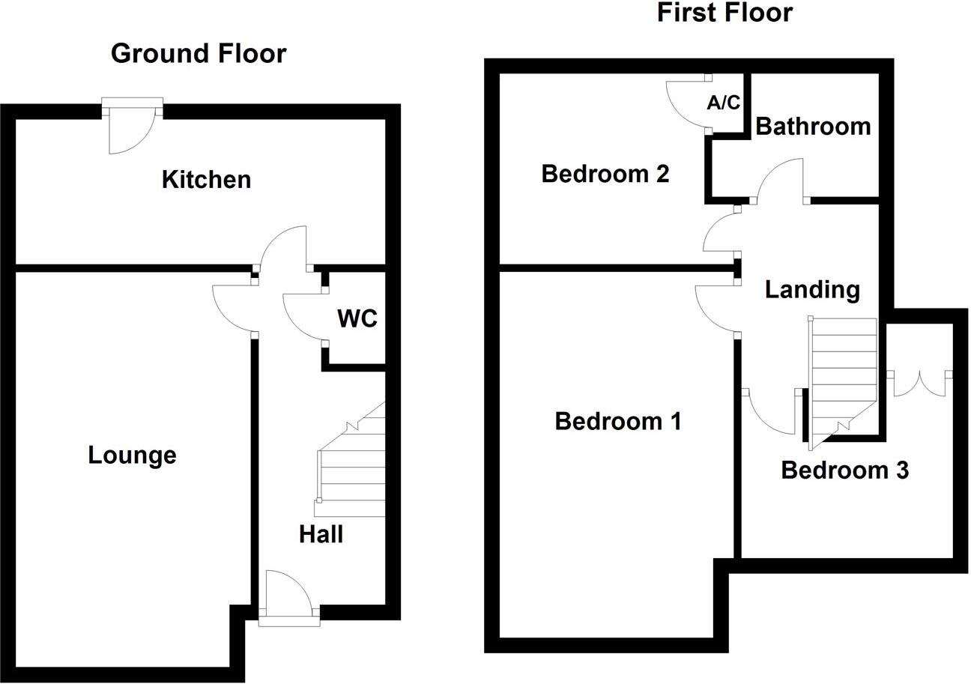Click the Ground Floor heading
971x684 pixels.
tap(199, 54)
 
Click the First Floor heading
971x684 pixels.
tap(724, 13)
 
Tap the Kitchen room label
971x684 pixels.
tap(206, 180)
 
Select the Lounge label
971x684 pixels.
tap(132, 455)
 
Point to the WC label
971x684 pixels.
tap(357, 318)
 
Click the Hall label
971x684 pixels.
tap(321, 534)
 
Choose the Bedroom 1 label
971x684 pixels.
tap(618, 421)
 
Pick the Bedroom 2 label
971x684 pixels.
tap(605, 174)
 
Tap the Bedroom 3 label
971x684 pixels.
tap(844, 470)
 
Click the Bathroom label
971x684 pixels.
tap(813, 126)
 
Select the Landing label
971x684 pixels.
tap(812, 289)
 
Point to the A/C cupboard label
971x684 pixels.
tap(723, 103)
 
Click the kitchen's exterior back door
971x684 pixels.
tap(132, 127)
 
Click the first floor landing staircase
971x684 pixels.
tap(843, 378)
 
